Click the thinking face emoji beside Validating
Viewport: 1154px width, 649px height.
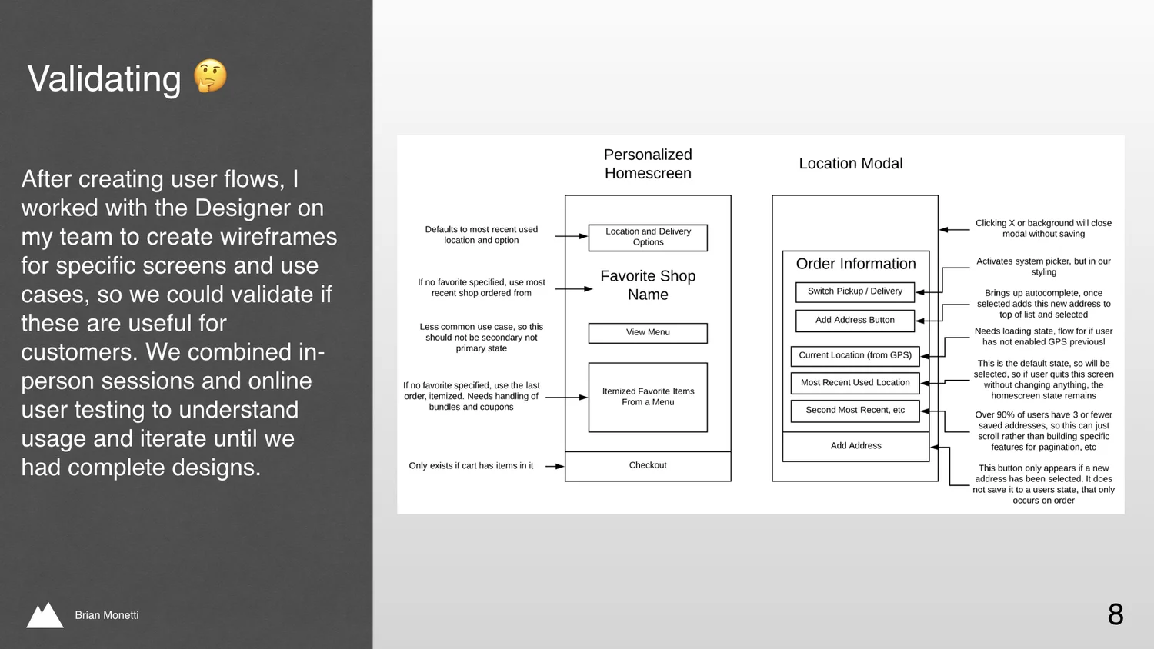pos(210,76)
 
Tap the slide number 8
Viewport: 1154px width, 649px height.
pos(1116,614)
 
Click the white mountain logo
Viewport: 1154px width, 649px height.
pos(45,615)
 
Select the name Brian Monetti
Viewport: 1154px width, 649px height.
pos(107,615)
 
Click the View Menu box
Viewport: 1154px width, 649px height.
pos(648,332)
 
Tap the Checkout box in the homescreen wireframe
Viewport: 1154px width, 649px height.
pos(648,466)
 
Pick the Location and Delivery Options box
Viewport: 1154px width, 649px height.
pos(648,237)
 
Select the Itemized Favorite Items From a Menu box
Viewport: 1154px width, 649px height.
pos(648,397)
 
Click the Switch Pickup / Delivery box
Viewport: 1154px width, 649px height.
pos(855,291)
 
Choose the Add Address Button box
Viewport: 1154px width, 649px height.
pos(855,320)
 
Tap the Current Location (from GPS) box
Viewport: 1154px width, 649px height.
pos(855,355)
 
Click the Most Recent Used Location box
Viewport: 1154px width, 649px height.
pos(855,383)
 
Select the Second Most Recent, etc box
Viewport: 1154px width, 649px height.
pos(855,411)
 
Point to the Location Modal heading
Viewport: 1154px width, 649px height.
pos(851,164)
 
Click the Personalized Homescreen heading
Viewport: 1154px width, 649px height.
pos(648,164)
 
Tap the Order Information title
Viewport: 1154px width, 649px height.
pos(855,264)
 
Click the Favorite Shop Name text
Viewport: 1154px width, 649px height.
pos(648,285)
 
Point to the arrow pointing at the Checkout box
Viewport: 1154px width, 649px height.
pos(555,466)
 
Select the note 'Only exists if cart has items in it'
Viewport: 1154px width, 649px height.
pos(471,466)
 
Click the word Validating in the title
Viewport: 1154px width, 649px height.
pos(105,79)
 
